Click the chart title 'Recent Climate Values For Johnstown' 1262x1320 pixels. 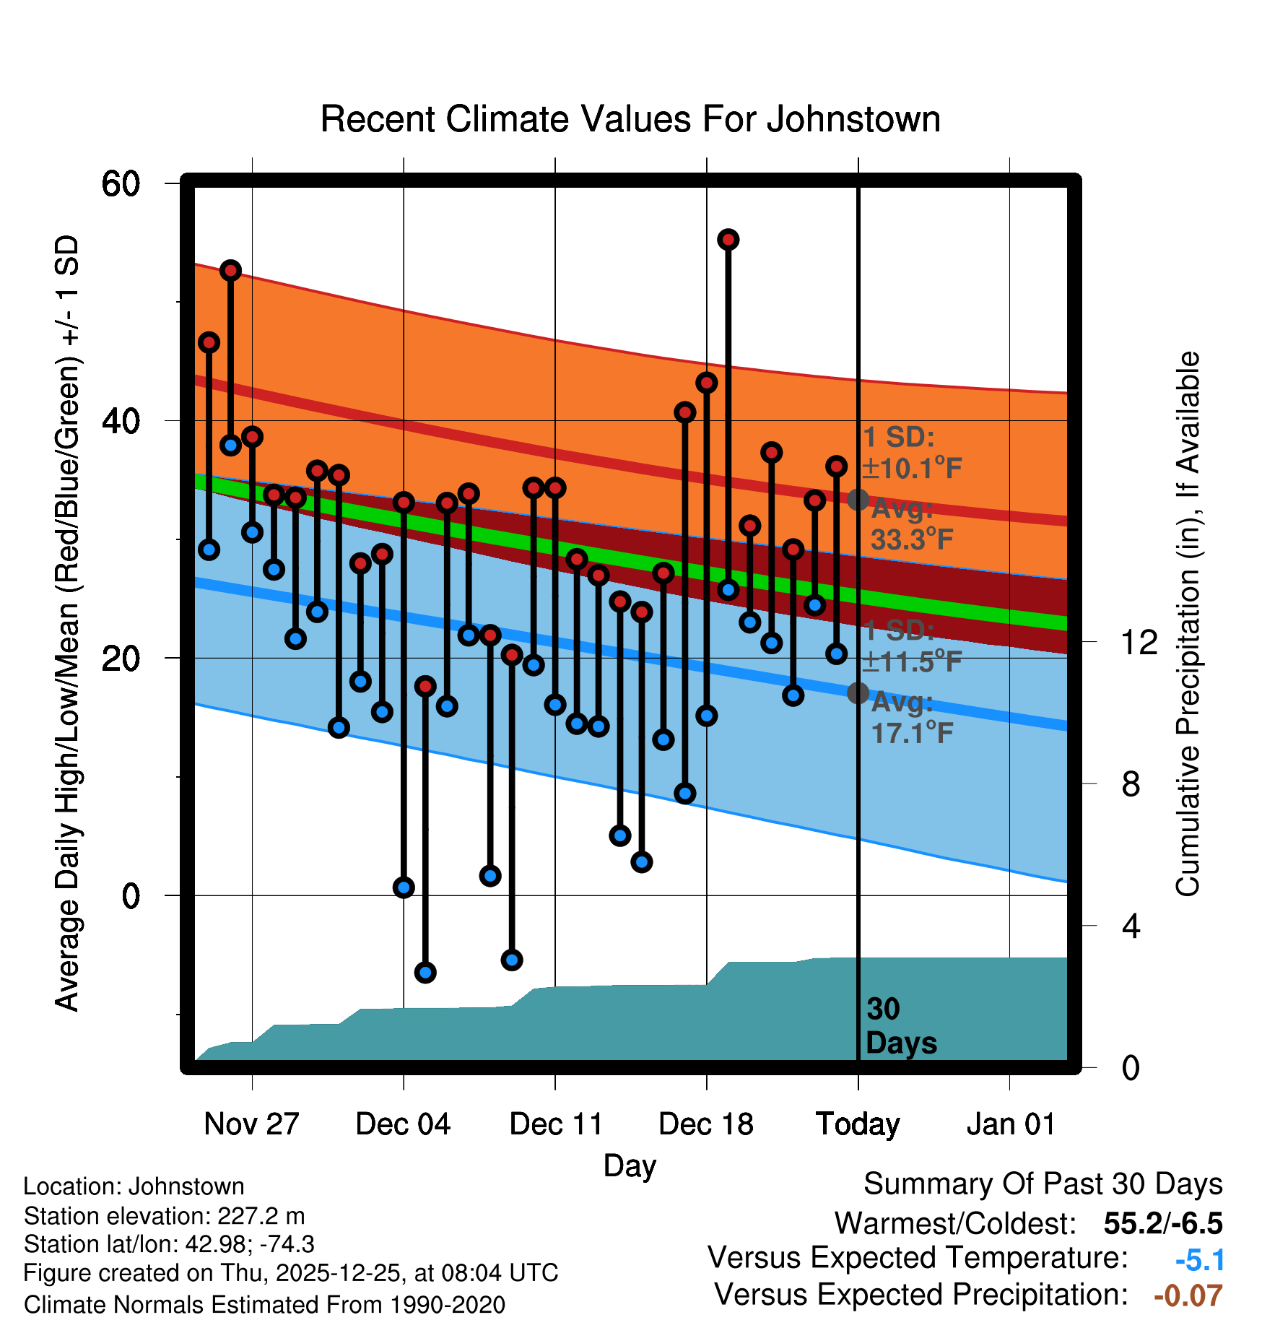[630, 119]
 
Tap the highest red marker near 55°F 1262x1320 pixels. [728, 240]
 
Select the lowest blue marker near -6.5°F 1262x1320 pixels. [425, 973]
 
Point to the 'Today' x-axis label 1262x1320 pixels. [858, 1124]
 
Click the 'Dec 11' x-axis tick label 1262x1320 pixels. [555, 1124]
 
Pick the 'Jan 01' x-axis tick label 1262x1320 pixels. [1010, 1124]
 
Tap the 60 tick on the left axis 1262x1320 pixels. [121, 184]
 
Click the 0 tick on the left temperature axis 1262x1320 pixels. [131, 896]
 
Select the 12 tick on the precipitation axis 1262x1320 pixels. [1139, 642]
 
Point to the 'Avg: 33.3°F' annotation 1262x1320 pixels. [911, 525]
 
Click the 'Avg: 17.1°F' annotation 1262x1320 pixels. [911, 718]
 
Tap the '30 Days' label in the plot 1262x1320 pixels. [900, 1026]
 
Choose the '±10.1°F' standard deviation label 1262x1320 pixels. [912, 469]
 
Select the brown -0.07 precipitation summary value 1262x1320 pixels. [1188, 1295]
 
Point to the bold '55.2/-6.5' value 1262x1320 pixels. [1163, 1223]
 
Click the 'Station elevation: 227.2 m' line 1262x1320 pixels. [164, 1216]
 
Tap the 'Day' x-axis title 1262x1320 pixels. [630, 1165]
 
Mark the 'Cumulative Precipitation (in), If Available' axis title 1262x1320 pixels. [1188, 624]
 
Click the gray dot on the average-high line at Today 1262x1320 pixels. [858, 500]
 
